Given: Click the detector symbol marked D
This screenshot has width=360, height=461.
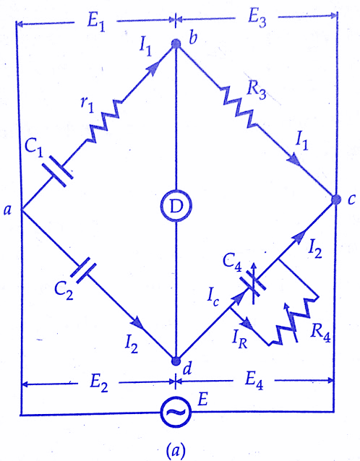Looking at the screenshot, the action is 176,206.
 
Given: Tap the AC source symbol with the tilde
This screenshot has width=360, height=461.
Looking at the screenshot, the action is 176,412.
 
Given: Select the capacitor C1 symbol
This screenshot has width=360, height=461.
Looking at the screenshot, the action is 58,171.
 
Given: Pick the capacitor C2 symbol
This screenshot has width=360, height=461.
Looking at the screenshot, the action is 84,270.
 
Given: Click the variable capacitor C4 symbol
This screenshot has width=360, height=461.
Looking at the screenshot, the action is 254,283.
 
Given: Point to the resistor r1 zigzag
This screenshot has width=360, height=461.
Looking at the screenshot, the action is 104,121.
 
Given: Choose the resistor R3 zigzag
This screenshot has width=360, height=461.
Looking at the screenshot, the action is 239,108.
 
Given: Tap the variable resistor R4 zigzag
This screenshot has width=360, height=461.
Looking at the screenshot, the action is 293,322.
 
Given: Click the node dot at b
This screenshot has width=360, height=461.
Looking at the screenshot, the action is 176,44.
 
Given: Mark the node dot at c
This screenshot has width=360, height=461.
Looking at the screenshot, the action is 336,199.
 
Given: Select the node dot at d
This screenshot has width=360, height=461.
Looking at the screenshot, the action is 176,361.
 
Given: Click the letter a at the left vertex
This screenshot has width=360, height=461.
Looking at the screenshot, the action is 7,210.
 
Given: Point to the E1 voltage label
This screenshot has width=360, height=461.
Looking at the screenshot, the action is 96,22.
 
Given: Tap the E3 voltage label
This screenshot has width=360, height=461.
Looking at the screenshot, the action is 257,19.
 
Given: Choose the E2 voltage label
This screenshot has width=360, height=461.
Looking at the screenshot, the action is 99,384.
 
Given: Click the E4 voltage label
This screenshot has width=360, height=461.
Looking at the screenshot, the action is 254,381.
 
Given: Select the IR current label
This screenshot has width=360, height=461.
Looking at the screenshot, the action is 239,340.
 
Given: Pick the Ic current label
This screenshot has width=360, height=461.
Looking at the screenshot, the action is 213,298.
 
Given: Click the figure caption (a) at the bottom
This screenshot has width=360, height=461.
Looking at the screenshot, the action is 176,449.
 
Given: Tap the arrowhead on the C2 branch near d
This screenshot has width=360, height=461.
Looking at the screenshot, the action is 138,324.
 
